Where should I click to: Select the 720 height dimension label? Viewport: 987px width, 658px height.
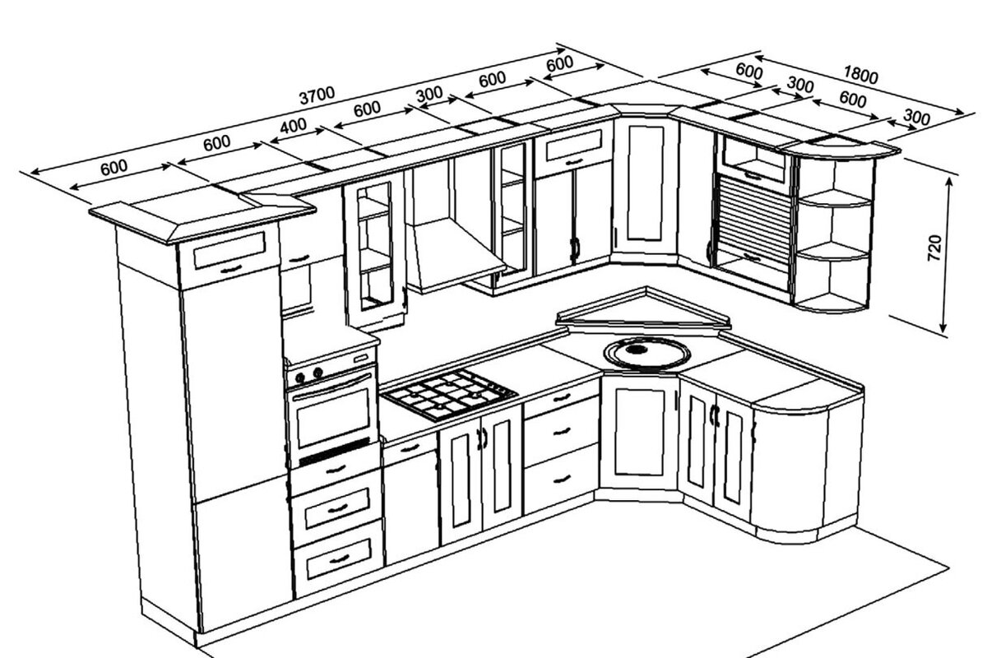click(x=934, y=247)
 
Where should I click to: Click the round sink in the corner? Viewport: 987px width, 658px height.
click(x=646, y=353)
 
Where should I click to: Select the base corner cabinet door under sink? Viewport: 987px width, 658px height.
click(x=640, y=431)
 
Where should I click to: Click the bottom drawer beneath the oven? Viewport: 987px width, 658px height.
click(x=338, y=559)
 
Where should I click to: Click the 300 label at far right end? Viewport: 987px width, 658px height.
click(x=915, y=118)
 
